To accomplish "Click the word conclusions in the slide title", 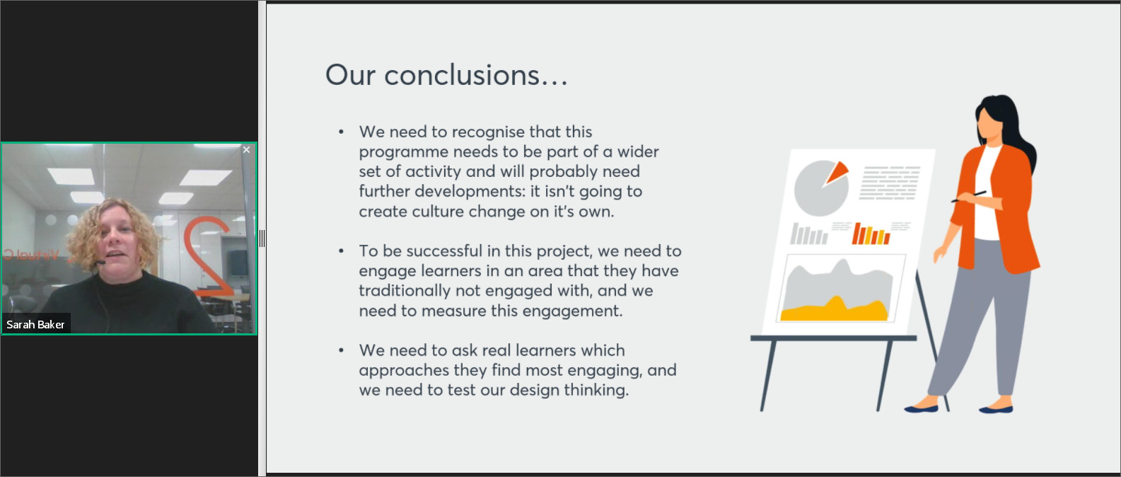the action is (x=461, y=76).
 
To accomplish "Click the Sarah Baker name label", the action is (x=35, y=324).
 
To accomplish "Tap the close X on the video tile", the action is (x=246, y=149).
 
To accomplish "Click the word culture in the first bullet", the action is (x=438, y=212).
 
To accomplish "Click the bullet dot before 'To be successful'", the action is (x=342, y=251).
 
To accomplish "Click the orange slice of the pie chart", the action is (x=837, y=172).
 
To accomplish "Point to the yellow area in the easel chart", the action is (x=834, y=310).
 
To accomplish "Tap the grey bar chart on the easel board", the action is (x=808, y=234).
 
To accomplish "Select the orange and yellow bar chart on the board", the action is (x=871, y=234).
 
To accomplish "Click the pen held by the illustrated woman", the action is (x=968, y=196).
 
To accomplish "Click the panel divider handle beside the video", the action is (x=262, y=238).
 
